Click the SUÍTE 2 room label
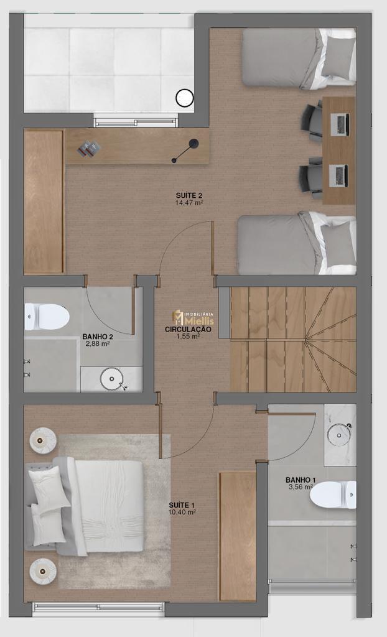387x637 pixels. coord(189,195)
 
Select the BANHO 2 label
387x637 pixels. coord(98,337)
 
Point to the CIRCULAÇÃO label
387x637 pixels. coord(188,330)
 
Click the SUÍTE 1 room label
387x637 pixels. coord(182,505)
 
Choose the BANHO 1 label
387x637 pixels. coord(301,480)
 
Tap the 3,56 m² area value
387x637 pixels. coord(301,486)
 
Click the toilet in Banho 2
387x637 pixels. coord(46,317)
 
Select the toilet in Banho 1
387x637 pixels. coord(333,495)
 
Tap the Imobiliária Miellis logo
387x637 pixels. coord(193,318)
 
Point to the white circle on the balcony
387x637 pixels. coord(185,98)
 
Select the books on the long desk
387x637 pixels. coord(89,148)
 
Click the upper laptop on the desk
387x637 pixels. coord(340,124)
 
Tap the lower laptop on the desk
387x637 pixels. coord(338,175)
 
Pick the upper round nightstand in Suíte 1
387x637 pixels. coord(42,440)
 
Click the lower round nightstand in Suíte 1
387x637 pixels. coord(42,571)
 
